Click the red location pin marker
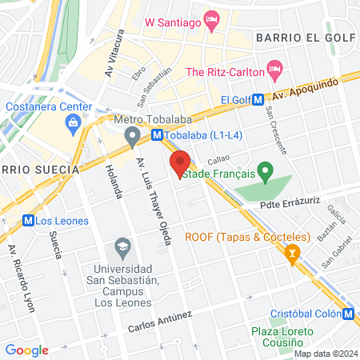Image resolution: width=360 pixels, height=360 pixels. (x=180, y=162)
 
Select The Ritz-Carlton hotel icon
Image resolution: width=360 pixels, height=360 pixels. (x=274, y=71)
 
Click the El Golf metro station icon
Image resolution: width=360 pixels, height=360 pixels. (x=258, y=99)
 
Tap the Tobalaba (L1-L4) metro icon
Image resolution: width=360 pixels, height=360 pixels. (x=157, y=135)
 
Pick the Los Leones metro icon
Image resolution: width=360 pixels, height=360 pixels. (x=29, y=219)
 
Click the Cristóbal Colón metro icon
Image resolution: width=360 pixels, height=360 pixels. (x=349, y=313)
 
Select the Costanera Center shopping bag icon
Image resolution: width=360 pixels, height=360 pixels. (x=74, y=122)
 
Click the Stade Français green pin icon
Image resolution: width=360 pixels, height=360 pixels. (x=267, y=170)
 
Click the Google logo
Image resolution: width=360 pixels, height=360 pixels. (x=26, y=350)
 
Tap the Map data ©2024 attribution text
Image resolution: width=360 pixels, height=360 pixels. (x=324, y=354)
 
